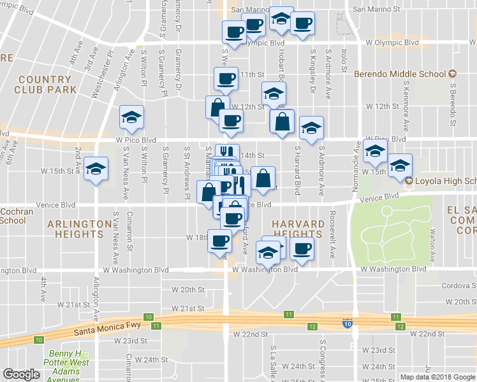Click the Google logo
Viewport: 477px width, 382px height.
pos(22,374)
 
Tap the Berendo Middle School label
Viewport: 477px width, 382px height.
pos(399,74)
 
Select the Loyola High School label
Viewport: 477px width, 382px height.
pos(445,181)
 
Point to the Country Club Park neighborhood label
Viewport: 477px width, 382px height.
pos(45,85)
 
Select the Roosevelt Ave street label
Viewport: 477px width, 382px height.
pos(332,234)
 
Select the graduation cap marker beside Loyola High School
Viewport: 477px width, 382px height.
pos(400,165)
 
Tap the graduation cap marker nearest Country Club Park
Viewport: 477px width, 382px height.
pos(131,117)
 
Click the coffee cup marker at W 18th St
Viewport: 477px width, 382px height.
pos(221,241)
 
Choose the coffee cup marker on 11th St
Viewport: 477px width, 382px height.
pos(226,79)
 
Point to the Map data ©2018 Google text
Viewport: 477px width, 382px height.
pos(437,377)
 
